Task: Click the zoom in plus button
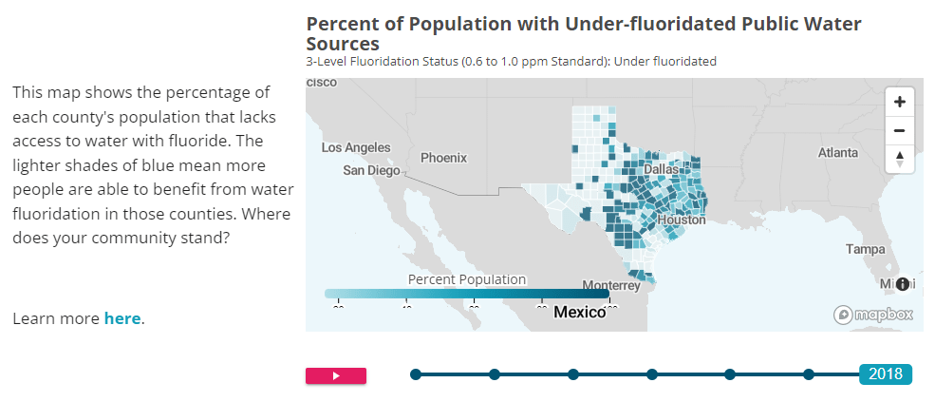(x=899, y=102)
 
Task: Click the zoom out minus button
(x=899, y=130)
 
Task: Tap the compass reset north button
(x=899, y=159)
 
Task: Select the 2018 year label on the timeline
(x=885, y=374)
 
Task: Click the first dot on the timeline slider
(x=415, y=374)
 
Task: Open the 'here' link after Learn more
(x=122, y=318)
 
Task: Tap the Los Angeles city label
(x=356, y=148)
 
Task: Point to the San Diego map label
(x=371, y=171)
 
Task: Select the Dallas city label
(x=662, y=169)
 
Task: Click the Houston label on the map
(x=682, y=220)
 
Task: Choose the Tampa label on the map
(x=865, y=249)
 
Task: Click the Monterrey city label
(x=612, y=285)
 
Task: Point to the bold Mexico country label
(x=579, y=312)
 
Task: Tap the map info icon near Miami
(x=902, y=284)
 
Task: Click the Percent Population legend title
(x=466, y=279)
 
